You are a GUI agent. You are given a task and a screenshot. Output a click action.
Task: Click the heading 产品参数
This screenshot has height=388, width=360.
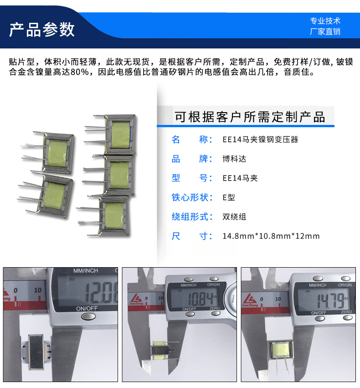click(x=42, y=30)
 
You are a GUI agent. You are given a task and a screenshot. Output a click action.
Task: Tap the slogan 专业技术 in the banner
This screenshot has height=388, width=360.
click(x=325, y=21)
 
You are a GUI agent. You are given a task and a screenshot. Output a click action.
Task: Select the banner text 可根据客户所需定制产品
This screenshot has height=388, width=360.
click(x=250, y=117)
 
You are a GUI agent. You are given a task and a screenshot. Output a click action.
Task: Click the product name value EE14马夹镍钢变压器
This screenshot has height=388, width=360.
click(x=260, y=140)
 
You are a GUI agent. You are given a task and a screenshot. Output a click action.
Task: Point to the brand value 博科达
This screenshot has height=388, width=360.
click(x=234, y=159)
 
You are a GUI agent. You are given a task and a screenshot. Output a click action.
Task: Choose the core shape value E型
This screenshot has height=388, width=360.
click(x=229, y=197)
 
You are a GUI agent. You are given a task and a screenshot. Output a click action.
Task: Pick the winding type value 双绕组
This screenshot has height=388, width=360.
click(x=234, y=217)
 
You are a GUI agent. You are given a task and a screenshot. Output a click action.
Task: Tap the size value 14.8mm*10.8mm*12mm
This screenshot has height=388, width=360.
click(x=271, y=236)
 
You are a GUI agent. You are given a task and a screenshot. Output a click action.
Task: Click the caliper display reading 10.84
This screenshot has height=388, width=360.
click(x=201, y=299)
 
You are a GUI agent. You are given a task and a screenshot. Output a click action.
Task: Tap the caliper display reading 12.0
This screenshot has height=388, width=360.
click(x=101, y=293)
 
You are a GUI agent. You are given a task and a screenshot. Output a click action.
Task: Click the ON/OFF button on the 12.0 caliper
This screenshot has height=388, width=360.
click(x=88, y=316)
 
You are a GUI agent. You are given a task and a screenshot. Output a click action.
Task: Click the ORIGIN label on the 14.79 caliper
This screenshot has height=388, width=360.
click(x=345, y=285)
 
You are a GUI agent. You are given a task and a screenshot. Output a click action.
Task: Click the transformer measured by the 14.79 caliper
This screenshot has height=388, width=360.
click(x=281, y=350)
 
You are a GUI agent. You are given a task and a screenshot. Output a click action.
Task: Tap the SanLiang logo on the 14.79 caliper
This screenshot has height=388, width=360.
click(x=250, y=300)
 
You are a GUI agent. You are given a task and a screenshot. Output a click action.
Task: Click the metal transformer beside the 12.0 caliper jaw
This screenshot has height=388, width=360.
click(x=36, y=352)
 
